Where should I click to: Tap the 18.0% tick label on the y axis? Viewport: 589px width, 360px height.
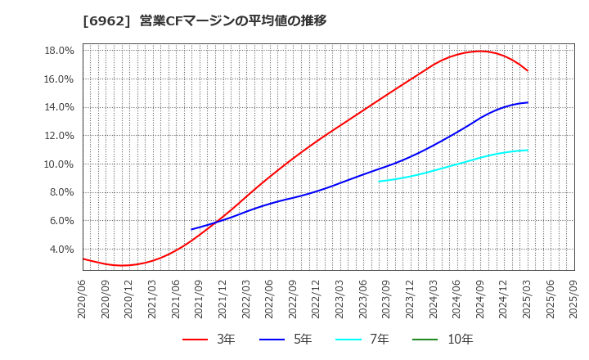point(58,51)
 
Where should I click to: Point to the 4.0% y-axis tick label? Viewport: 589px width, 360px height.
point(61,250)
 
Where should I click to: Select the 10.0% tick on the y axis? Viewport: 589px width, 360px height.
point(58,164)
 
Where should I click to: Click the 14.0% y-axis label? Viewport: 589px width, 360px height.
point(58,107)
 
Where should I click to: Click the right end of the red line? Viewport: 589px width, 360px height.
point(528,71)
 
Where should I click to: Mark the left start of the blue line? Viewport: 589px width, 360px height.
point(191,229)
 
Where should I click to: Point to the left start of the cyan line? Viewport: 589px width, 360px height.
point(379,182)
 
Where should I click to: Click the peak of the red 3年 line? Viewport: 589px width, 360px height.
point(480,51)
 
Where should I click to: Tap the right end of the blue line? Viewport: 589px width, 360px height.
point(528,102)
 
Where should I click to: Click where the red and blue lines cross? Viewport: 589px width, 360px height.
point(215,222)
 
